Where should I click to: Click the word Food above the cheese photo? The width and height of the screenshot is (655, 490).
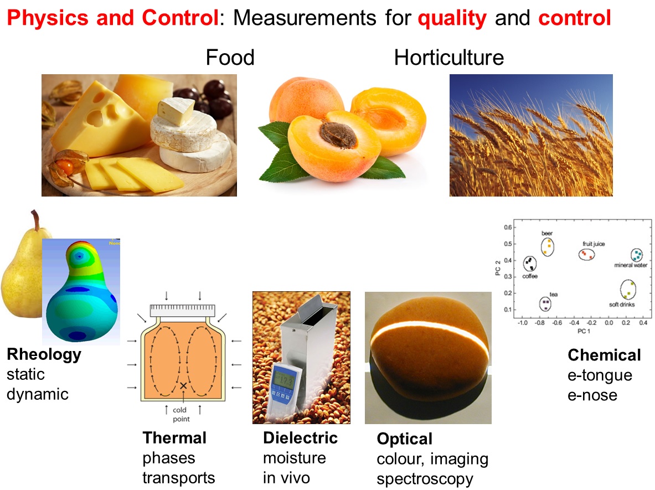230,57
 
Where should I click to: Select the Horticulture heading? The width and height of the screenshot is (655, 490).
449,57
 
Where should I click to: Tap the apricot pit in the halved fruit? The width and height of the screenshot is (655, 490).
338,135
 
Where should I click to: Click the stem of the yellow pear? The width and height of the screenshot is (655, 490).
35,220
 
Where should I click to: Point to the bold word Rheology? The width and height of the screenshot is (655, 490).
44,354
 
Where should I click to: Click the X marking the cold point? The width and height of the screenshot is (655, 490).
183,385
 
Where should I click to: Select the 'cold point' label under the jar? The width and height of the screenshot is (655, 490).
181,414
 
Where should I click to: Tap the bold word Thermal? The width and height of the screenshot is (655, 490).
174,438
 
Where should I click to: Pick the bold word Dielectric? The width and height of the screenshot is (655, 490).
300,438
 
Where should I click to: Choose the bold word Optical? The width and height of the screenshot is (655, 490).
404,439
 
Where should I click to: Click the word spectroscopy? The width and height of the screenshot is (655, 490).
425,479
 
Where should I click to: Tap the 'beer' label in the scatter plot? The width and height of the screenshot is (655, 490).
547,234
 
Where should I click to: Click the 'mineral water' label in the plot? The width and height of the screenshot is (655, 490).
631,265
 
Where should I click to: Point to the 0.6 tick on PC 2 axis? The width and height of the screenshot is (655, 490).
508,227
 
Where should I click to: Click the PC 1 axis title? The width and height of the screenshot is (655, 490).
584,331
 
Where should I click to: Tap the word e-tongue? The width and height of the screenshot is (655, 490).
600,375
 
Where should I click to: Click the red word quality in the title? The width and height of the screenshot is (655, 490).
452,18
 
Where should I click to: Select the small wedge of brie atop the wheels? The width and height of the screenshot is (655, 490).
176,111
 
